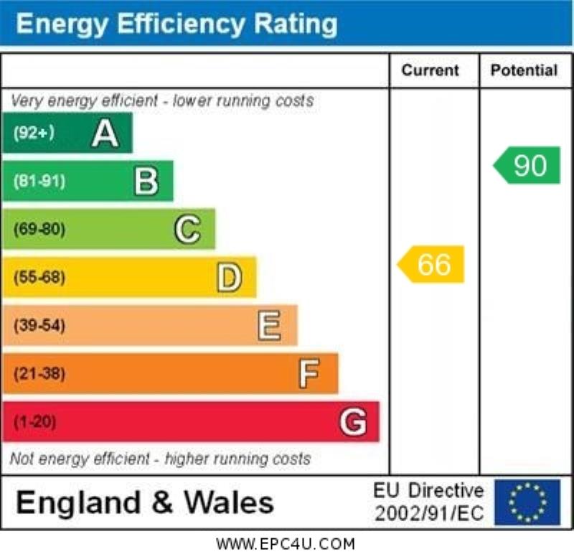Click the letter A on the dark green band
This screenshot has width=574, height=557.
click(105, 134)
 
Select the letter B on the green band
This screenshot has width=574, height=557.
click(146, 182)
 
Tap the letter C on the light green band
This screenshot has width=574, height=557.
click(187, 230)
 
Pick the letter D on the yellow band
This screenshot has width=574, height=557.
click(229, 278)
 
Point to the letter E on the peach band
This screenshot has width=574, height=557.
click(269, 326)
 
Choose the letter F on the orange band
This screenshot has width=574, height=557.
click(309, 374)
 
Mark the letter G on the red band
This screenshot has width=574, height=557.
click(352, 422)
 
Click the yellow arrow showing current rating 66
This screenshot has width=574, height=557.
click(432, 264)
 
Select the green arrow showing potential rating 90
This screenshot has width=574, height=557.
click(528, 166)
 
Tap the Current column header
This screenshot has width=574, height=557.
click(430, 70)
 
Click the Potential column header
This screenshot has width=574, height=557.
click(524, 70)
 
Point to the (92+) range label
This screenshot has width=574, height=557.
click(34, 133)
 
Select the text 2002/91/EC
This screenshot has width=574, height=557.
click(429, 514)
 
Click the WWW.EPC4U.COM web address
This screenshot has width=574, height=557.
click(286, 544)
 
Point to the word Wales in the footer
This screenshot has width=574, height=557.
click(229, 502)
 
